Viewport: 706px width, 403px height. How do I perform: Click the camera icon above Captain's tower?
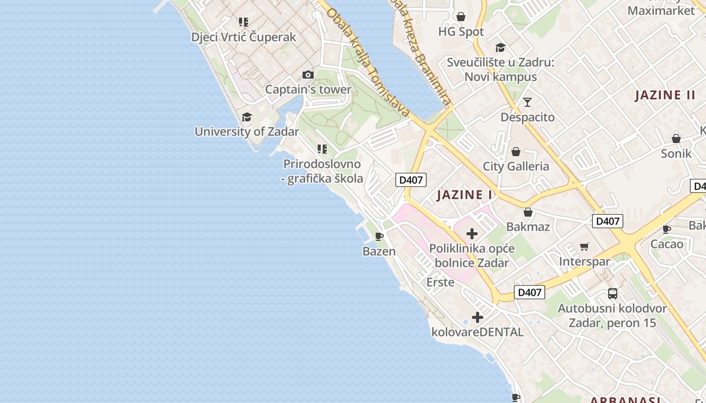308,75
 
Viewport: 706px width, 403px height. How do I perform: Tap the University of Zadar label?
247,131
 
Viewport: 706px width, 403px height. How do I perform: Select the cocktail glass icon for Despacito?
527,102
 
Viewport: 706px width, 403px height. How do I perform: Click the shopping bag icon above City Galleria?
516,152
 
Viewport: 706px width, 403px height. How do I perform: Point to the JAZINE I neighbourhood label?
464,195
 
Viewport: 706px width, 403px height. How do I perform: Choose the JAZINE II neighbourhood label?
665,95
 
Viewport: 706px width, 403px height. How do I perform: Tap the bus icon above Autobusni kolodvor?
613,293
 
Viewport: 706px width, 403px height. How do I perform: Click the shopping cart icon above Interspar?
584,246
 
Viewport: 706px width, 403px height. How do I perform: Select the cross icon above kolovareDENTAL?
478,317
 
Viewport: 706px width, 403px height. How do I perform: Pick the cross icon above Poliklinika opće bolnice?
472,234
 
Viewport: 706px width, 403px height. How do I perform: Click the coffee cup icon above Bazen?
379,236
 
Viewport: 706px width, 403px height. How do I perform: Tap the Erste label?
440,282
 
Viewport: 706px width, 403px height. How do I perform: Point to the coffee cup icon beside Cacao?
667,230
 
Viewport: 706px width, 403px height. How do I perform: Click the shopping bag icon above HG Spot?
461,17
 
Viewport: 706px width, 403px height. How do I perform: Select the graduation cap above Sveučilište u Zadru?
500,47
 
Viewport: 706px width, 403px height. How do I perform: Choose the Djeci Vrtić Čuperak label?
244,37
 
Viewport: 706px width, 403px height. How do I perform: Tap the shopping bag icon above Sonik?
676,138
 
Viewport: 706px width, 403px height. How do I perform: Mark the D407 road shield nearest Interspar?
607,221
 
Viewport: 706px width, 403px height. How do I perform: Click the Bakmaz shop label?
528,227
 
